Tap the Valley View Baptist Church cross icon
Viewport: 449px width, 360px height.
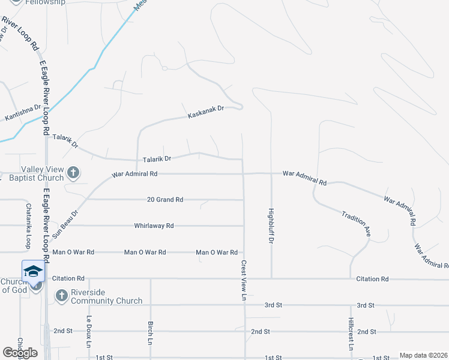[73, 173]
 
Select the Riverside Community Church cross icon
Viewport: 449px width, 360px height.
[61, 295]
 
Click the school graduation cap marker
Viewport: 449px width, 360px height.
[33, 272]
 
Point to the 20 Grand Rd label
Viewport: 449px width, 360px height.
[165, 199]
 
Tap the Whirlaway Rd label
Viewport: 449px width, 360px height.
[154, 226]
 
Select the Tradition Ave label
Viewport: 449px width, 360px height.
[356, 221]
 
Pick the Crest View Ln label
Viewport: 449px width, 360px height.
[244, 280]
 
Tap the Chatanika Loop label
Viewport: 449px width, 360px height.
[28, 226]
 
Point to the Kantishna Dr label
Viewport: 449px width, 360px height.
[23, 112]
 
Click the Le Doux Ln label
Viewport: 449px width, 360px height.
[89, 331]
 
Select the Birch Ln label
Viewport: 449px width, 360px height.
[150, 332]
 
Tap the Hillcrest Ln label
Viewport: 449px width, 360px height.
[351, 334]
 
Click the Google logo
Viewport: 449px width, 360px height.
[20, 353]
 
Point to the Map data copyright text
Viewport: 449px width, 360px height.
[423, 355]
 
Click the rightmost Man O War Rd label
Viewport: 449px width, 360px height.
[217, 253]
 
